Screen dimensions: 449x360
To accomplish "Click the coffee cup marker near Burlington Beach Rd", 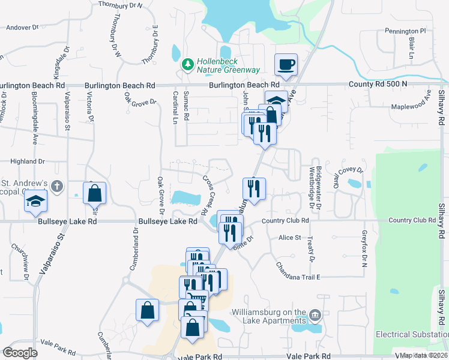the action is tap(286, 64).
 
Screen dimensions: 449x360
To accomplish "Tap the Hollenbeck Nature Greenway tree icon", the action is tap(188, 63).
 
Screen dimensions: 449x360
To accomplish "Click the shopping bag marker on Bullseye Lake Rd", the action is tap(94, 193).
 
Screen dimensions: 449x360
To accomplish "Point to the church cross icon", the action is tap(57, 185).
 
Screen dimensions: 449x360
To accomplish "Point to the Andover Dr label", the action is tap(22, 27).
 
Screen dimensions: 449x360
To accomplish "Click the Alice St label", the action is tap(290, 238).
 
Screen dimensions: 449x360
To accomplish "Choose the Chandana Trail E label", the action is tap(298, 271).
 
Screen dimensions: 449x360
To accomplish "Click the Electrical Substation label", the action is tap(412, 334).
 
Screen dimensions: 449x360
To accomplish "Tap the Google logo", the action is tap(20, 353).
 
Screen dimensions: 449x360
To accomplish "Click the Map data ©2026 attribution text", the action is tap(424, 355).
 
